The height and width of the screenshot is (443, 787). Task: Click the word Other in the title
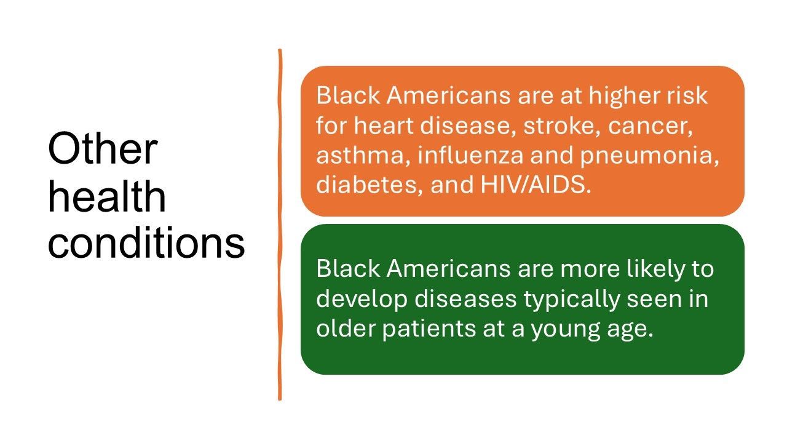(103, 148)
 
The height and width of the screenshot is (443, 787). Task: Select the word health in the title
(107, 196)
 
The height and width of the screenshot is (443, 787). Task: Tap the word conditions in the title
(146, 243)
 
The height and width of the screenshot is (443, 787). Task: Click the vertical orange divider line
(280, 225)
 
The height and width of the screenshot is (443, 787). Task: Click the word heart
(383, 126)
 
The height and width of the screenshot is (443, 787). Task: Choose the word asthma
(363, 156)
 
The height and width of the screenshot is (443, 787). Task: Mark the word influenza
(471, 155)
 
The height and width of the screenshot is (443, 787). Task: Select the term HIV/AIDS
(536, 185)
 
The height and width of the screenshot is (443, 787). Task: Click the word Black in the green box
(348, 269)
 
